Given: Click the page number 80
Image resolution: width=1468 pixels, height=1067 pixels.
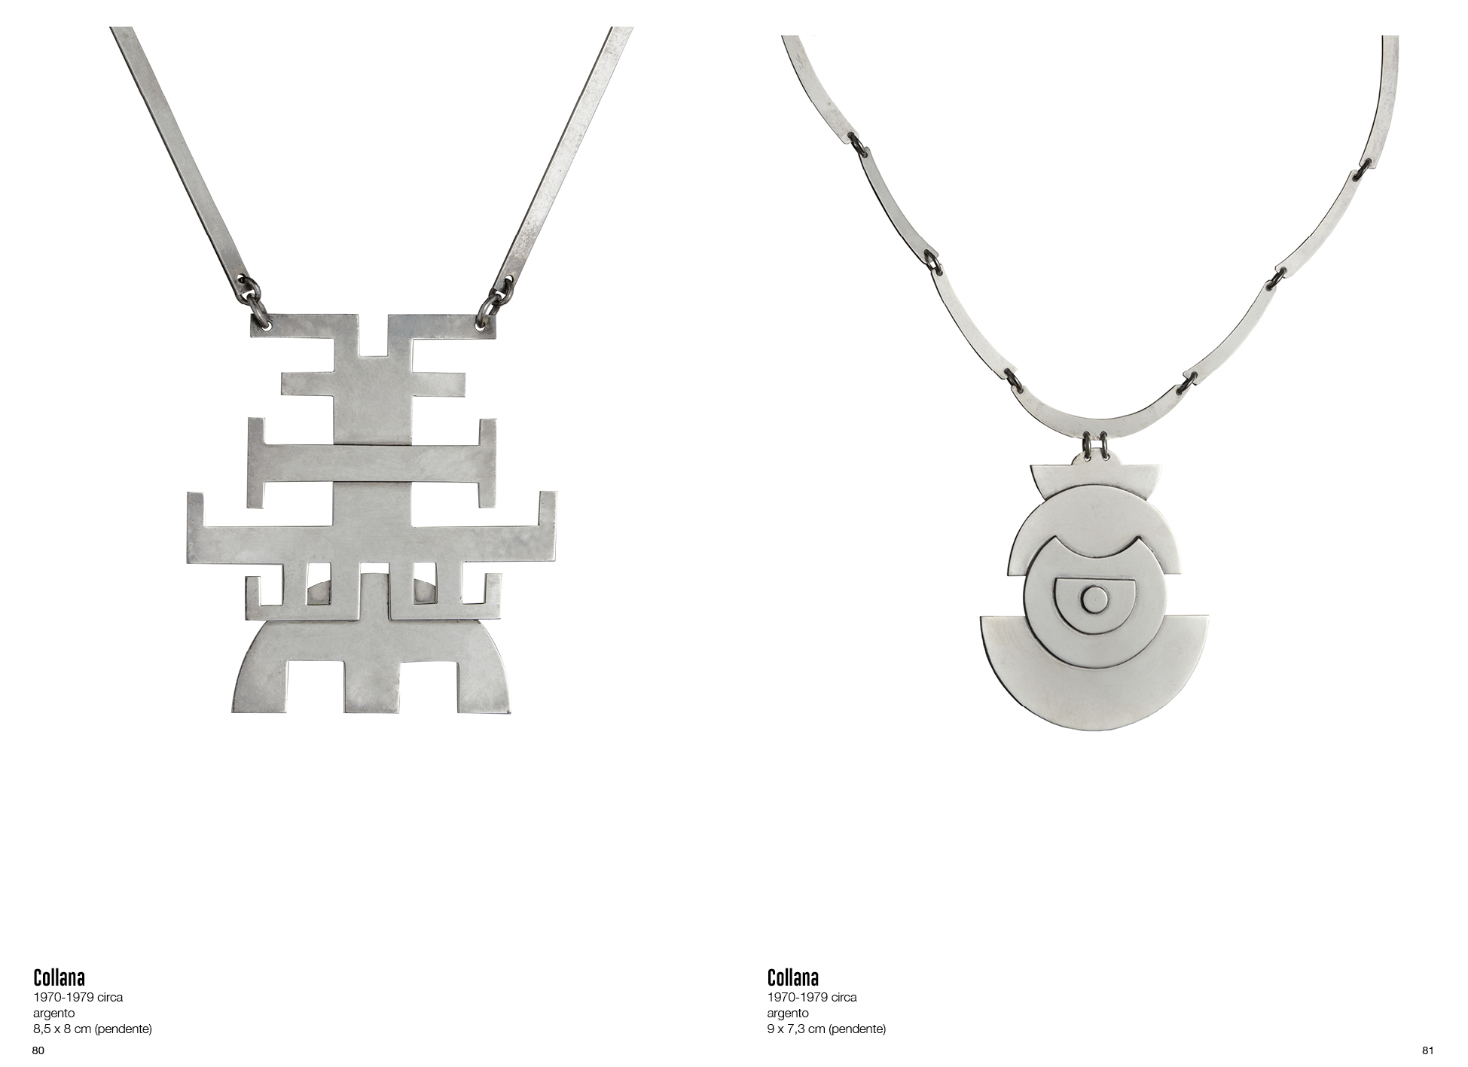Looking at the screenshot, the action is click(x=38, y=1050).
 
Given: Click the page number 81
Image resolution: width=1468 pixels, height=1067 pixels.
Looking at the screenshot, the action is click(x=1427, y=1050).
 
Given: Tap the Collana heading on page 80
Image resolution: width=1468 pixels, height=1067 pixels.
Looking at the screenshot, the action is click(x=59, y=977).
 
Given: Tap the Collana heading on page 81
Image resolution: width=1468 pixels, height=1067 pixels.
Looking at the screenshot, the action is click(x=793, y=977).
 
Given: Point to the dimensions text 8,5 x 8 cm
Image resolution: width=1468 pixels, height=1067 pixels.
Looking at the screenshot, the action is click(x=93, y=1029).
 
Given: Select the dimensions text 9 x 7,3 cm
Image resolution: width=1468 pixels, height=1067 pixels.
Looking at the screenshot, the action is click(x=826, y=1029).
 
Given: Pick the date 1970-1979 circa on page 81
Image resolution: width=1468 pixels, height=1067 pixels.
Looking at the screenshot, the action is click(x=812, y=997).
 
